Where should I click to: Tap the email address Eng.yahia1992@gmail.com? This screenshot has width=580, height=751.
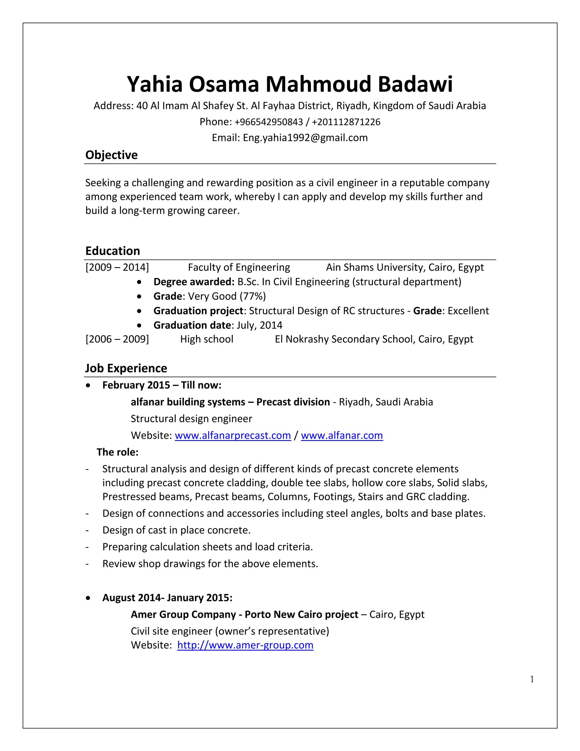[305, 138]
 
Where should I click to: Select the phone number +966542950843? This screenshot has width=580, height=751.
[269, 122]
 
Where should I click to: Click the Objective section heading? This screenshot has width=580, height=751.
[111, 155]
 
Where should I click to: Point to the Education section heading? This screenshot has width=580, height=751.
[113, 251]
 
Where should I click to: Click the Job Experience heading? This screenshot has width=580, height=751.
[126, 368]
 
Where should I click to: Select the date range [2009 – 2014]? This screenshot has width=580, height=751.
[117, 268]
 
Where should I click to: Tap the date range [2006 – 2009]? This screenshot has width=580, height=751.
[117, 340]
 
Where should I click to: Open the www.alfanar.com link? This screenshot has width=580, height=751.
[342, 436]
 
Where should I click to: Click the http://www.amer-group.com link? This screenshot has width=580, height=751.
[245, 645]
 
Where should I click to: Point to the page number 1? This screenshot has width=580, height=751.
[532, 679]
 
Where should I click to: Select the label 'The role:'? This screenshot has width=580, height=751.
[118, 452]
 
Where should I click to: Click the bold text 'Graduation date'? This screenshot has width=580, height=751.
[192, 325]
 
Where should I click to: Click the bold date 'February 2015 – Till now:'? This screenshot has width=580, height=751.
[161, 385]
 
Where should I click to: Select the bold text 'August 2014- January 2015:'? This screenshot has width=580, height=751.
[167, 598]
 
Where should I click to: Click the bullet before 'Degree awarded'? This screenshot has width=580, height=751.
[139, 282]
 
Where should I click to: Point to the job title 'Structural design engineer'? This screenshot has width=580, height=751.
[191, 419]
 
